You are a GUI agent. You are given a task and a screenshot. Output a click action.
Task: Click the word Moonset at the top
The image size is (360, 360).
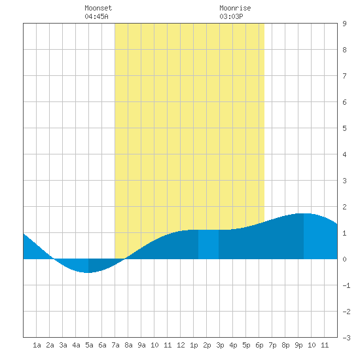(98, 8)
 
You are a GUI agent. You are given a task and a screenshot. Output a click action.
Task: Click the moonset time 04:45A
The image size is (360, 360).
(96, 16)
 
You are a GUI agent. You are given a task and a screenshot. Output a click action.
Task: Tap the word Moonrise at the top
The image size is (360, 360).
(235, 8)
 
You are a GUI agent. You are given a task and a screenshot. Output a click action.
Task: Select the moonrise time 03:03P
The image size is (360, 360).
(231, 16)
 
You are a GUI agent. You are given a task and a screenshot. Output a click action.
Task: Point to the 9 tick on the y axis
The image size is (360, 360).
(344, 24)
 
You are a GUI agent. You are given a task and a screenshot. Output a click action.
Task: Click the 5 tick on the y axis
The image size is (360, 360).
(344, 128)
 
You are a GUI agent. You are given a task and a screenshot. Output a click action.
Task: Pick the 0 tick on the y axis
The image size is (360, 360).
(344, 259)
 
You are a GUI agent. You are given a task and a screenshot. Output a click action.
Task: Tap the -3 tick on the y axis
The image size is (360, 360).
(346, 338)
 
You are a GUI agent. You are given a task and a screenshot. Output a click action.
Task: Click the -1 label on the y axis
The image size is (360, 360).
(346, 285)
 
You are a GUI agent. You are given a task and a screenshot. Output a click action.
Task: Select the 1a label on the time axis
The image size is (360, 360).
(37, 345)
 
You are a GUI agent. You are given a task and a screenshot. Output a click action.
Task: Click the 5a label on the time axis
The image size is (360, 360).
(89, 345)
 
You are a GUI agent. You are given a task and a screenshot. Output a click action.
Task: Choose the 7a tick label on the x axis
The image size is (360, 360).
(115, 345)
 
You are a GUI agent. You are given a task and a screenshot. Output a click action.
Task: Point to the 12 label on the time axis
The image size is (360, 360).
(181, 345)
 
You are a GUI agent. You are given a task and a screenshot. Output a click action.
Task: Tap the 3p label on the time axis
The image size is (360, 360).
(220, 345)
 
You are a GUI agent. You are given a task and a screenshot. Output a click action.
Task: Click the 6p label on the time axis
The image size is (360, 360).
(259, 345)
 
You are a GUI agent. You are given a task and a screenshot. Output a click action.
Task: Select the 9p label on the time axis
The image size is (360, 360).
(298, 345)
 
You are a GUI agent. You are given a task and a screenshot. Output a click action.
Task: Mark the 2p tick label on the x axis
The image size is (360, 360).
(207, 345)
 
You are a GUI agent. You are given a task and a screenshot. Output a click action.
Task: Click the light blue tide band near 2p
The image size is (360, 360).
(208, 244)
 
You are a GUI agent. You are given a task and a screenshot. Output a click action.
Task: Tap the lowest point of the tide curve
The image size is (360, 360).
(88, 273)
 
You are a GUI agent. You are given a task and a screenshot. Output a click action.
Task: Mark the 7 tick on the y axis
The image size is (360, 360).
(344, 76)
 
